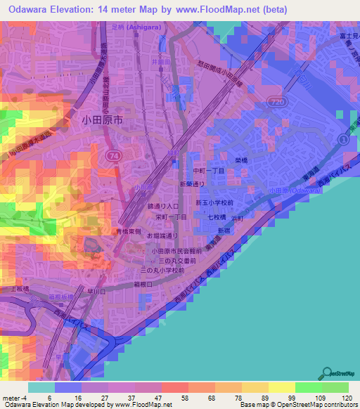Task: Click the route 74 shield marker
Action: (113, 153)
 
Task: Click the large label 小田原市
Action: (99, 121)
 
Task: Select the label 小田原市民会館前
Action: (175, 250)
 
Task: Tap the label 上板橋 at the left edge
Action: (15, 289)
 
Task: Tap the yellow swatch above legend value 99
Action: (282, 387)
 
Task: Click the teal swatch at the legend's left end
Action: (40, 387)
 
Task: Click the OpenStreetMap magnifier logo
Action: (327, 373)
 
